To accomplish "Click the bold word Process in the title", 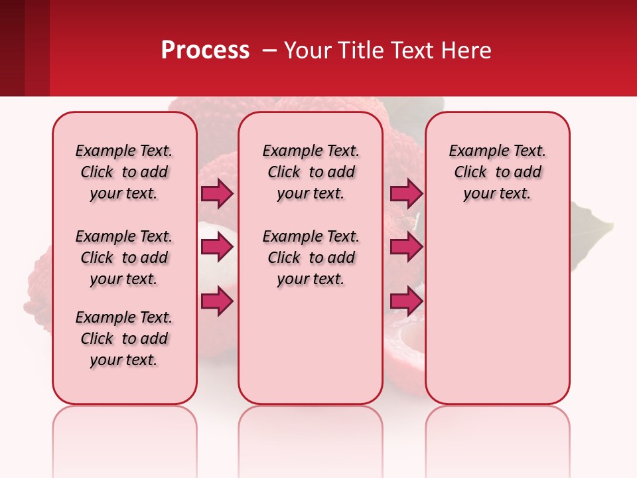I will pos(205,50).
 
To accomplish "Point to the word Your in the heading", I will pos(307,50).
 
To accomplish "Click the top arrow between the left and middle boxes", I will pos(217,194).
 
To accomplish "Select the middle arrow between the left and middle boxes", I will pos(217,247).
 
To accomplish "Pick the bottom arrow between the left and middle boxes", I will pos(217,301).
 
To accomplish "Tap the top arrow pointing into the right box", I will pos(406,194).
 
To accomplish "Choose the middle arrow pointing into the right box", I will pos(406,247).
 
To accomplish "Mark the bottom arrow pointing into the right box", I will pos(406,301).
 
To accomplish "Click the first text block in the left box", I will pos(124,172).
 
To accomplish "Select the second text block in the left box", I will pos(124,258).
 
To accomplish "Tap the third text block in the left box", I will pos(124,339).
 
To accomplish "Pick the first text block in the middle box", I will pos(311,172).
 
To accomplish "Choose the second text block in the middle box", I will pos(311,258).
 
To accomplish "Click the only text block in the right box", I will pos(497,172).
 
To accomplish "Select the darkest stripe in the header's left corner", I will pos(12,48).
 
